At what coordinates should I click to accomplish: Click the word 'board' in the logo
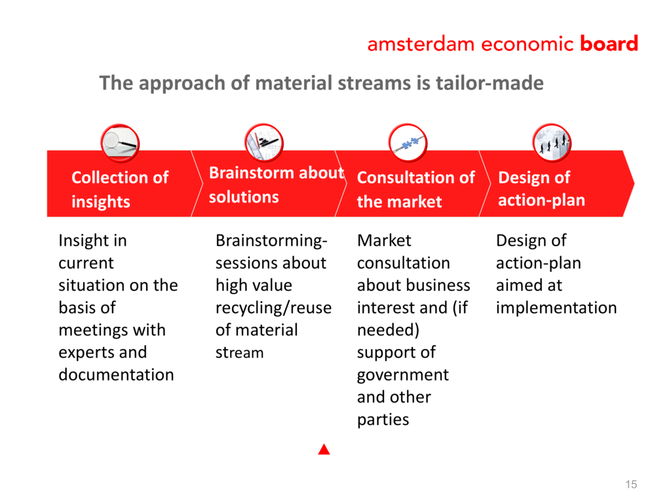[609, 43]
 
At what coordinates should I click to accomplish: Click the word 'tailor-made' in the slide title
[489, 83]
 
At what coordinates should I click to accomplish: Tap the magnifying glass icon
[120, 143]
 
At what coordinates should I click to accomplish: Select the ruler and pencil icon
[264, 143]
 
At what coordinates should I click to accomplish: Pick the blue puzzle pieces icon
[408, 143]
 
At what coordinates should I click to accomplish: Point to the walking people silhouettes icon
[552, 143]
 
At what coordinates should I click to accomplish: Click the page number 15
[631, 484]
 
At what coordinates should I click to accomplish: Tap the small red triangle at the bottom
[324, 449]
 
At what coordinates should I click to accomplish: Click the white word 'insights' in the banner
[100, 202]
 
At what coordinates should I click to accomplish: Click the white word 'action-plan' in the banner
[541, 200]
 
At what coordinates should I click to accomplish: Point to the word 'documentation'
[117, 375]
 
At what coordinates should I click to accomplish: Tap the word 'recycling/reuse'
[273, 308]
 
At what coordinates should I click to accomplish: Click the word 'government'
[403, 375]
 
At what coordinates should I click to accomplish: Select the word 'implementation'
[556, 308]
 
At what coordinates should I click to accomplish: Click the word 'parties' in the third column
[383, 420]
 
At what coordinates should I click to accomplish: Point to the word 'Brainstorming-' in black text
[271, 241]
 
